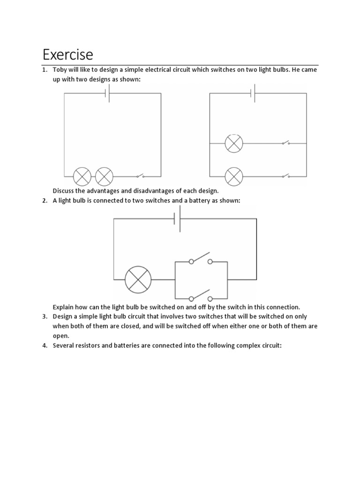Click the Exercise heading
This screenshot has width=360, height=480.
coord(68,55)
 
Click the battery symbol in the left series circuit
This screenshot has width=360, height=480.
coord(109,93)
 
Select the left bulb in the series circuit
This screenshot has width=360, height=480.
coord(82,177)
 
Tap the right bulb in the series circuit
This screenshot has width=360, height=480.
coord(104,177)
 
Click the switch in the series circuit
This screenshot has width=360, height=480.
coord(140,176)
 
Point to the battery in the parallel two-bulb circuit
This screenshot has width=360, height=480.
coord(254,93)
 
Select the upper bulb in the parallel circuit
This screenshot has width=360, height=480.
coord(233,143)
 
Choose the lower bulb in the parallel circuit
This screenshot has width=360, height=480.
coord(233,177)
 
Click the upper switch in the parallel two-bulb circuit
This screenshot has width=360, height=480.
coord(285,142)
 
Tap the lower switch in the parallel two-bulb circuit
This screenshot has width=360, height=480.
coord(285,176)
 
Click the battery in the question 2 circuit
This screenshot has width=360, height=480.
coord(178,218)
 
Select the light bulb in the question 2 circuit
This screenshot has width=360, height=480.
coord(138,279)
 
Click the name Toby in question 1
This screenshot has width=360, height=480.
coord(60,70)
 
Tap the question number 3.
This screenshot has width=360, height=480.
coord(45,316)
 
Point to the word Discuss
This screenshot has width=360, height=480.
coord(65,191)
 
